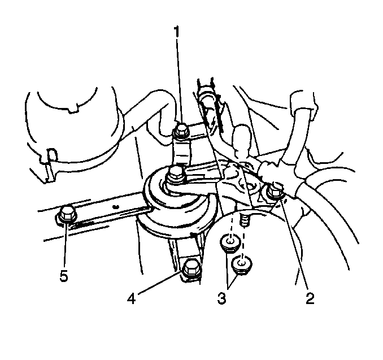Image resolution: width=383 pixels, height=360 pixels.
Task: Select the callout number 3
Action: click(x=221, y=298)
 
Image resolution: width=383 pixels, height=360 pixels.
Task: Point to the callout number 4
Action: click(x=132, y=298)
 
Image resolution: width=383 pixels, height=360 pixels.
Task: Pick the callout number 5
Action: click(x=63, y=276)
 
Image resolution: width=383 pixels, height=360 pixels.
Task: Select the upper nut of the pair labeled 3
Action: click(x=230, y=243)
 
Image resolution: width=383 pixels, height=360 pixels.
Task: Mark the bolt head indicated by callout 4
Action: click(x=191, y=270)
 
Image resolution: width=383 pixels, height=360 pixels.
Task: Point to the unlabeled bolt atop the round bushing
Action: click(x=175, y=175)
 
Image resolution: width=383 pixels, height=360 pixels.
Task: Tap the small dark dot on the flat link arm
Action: click(x=116, y=207)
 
